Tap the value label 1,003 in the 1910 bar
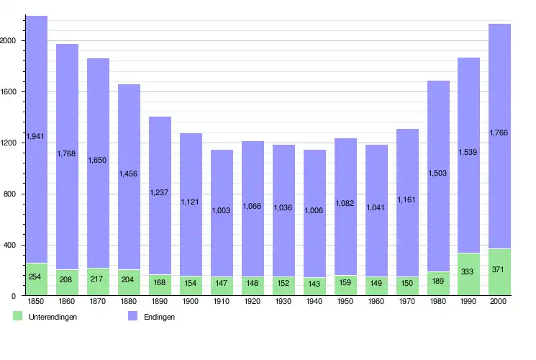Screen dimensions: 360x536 222,210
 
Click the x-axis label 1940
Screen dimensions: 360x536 314,302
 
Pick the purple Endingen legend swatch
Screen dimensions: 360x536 132,316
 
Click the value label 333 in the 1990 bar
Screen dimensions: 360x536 468,271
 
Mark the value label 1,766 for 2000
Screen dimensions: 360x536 499,132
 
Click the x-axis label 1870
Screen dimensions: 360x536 99,302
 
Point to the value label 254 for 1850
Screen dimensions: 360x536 37,276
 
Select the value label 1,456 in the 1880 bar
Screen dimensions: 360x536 130,174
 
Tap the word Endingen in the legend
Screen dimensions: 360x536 158,317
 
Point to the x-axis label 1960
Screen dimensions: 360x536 376,302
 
